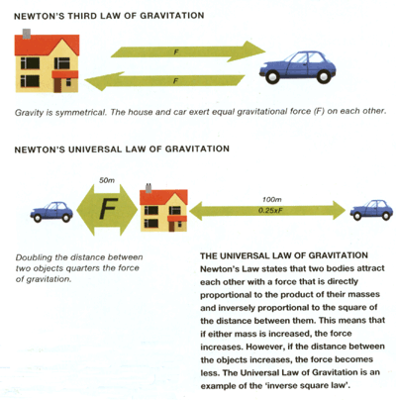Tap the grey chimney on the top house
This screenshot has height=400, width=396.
tap(27, 33)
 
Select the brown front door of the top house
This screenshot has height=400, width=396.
tap(57, 85)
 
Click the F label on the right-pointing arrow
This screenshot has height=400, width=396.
tap(176, 51)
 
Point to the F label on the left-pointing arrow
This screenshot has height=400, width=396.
tap(175, 80)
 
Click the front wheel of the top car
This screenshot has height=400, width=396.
tap(272, 76)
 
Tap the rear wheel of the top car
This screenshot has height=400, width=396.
tap(323, 76)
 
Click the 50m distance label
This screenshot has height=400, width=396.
tap(107, 180)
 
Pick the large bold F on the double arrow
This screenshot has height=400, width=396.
tap(108, 209)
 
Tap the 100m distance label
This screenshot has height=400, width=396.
tap(272, 200)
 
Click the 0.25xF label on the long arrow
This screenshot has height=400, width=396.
tap(270, 210)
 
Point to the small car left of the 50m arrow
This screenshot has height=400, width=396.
tap(51, 212)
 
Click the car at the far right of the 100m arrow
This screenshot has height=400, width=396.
tap(371, 210)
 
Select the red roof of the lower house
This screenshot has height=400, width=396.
tap(163, 197)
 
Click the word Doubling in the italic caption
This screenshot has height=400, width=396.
tap(33, 258)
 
